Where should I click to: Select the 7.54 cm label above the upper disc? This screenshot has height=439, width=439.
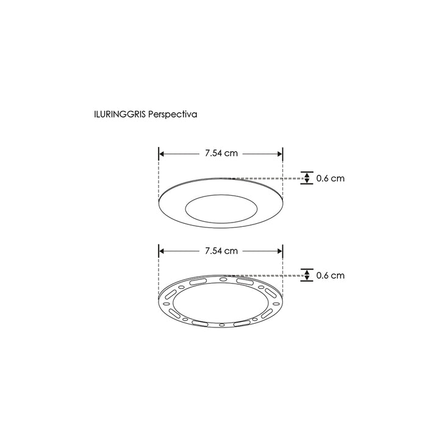click(x=221, y=153)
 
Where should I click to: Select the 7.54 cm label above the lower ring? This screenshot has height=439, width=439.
click(x=221, y=250)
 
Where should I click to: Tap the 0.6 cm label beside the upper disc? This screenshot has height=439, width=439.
click(x=330, y=179)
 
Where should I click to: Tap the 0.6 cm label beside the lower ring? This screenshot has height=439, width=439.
click(x=330, y=276)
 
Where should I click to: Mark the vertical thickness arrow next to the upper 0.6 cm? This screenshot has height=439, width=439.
click(x=307, y=179)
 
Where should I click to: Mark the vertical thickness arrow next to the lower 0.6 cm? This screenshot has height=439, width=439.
click(x=307, y=276)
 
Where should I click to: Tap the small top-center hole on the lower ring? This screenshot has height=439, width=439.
click(x=223, y=280)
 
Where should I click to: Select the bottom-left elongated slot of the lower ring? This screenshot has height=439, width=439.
click(x=174, y=313)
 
